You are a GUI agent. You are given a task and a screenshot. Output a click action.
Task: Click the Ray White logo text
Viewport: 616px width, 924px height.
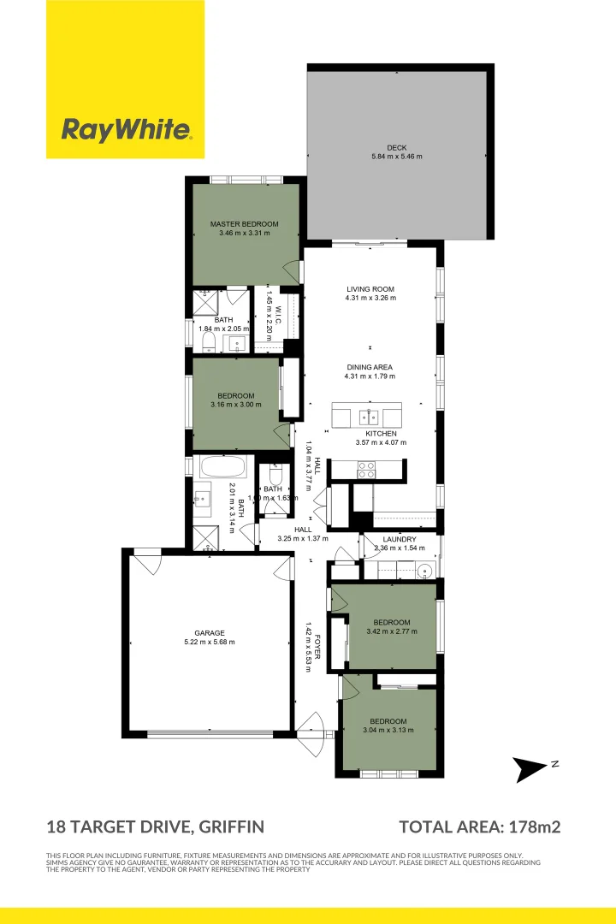(x=126, y=130)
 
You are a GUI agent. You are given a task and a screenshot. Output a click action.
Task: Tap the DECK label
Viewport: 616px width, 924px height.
(x=396, y=147)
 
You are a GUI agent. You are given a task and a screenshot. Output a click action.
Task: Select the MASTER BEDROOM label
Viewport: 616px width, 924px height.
(x=244, y=224)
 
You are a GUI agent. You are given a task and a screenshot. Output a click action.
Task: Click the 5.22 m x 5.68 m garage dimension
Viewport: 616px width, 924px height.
(x=209, y=642)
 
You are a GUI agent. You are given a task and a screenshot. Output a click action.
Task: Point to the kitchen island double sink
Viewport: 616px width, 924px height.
(x=370, y=417)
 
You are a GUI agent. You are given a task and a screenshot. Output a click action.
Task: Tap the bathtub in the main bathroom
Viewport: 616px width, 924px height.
(x=222, y=468)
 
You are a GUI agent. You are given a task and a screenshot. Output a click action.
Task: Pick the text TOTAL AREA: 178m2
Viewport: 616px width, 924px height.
(x=480, y=827)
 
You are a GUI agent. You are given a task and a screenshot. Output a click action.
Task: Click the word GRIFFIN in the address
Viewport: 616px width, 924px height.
(x=230, y=827)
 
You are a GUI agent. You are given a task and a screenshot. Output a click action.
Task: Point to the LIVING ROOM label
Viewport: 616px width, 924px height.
(x=370, y=288)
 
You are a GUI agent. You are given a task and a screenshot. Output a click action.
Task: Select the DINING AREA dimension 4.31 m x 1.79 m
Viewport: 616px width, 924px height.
(x=370, y=376)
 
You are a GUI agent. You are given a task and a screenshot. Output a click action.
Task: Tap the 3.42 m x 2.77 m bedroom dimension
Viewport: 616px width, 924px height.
(x=391, y=631)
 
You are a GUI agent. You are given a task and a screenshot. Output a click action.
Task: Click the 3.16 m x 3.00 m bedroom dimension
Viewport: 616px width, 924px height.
(x=235, y=405)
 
